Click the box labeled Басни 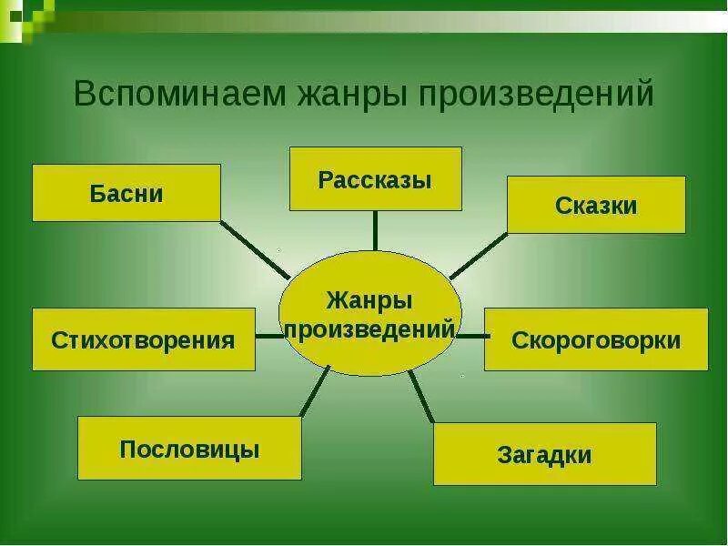[x=126, y=193]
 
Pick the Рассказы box [x=375, y=178]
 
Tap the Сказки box [x=596, y=205]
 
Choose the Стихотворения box [x=144, y=339]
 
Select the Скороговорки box [x=596, y=339]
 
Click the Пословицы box [x=189, y=448]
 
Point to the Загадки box [x=544, y=453]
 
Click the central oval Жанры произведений [x=369, y=314]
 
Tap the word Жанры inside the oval [x=369, y=299]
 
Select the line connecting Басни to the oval [x=256, y=249]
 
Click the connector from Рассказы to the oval [x=375, y=230]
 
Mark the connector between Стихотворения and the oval [x=268, y=336]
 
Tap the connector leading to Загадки [x=421, y=395]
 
